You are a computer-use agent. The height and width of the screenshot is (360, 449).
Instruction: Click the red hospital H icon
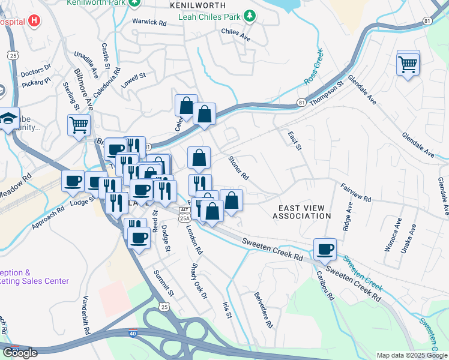[34, 22]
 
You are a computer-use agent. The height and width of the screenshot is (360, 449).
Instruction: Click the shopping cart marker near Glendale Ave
[408, 63]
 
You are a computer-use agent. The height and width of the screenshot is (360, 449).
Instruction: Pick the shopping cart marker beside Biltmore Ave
[79, 126]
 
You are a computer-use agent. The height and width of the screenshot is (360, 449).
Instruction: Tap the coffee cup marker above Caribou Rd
[325, 250]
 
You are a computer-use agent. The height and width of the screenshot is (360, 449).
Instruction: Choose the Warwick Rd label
[149, 23]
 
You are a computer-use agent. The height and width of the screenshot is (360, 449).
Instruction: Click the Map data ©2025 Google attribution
[411, 355]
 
